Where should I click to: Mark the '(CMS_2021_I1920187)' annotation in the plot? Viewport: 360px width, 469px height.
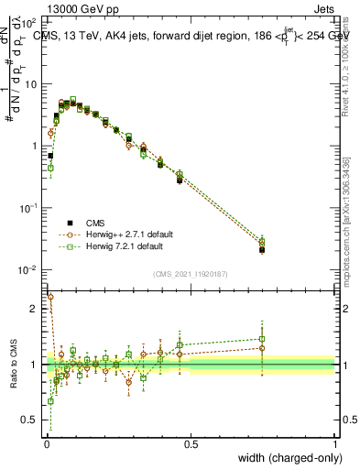[191, 273]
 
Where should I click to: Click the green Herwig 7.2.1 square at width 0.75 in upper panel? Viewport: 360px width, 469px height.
[262, 241]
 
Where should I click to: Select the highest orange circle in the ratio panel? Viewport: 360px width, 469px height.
[50, 297]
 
